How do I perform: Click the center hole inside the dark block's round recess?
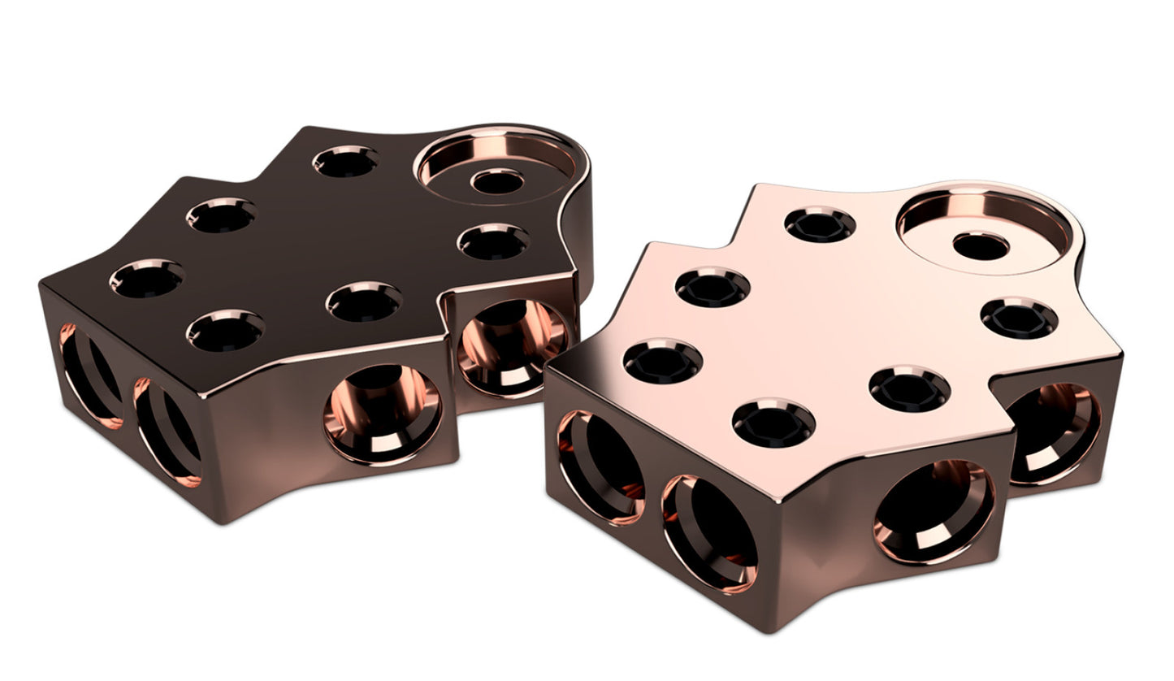coord(497,180)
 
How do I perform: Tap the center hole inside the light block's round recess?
coord(981,245)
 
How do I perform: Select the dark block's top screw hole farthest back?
coord(345,162)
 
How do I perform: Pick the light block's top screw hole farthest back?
coord(820,224)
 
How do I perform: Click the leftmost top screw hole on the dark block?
coord(146,279)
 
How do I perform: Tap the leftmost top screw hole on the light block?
coord(663,361)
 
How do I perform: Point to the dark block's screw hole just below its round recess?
coord(492,241)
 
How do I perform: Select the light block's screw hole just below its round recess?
coord(1020,318)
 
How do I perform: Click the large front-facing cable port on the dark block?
coord(382,414)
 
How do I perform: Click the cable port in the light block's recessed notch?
coord(1055,434)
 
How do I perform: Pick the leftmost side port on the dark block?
coord(89,375)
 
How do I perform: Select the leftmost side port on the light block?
coord(600,467)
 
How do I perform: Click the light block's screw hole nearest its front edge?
coord(773,423)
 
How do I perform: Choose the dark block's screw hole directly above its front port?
coord(364,301)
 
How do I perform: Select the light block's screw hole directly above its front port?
coord(909,388)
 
